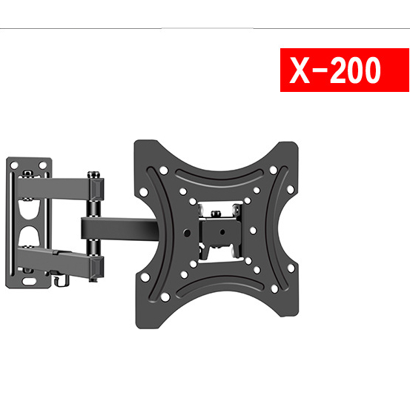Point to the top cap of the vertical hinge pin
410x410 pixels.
pyautogui.click(x=93, y=172)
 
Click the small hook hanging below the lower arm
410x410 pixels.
pyautogui.click(x=62, y=280)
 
